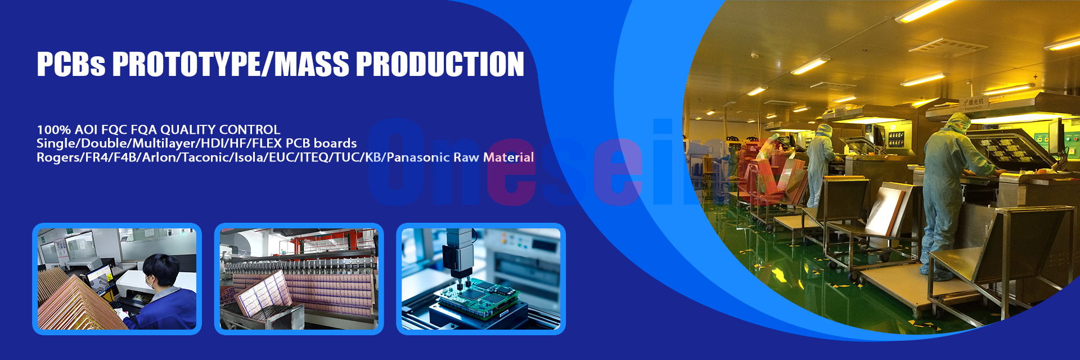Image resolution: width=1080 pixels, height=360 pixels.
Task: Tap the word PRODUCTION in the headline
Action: pos(440,64)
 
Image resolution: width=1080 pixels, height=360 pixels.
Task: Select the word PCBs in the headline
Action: pos(71,64)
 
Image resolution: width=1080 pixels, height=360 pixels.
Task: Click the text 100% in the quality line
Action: pos(54,130)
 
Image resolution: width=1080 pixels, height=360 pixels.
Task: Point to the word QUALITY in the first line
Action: pos(188,130)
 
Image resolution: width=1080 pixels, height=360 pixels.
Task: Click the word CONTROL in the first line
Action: pos(250,130)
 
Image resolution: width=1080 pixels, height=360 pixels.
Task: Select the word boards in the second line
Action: pos(335,143)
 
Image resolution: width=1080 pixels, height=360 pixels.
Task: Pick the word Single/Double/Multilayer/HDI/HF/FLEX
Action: pos(159,143)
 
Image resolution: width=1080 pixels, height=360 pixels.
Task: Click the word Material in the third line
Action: pos(508,157)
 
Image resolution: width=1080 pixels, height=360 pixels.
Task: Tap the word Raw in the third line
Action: pos(466,157)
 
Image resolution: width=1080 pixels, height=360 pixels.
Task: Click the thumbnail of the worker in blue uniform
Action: pos(117,278)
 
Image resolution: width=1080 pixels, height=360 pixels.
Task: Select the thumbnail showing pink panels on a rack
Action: pos(299,278)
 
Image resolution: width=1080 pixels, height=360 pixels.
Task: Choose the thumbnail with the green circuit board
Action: pos(481,278)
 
